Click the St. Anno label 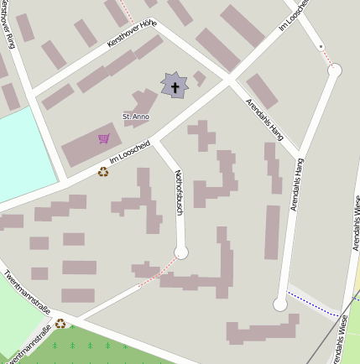coord(135,117)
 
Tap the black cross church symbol coord(175,86)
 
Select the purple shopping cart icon coord(104,138)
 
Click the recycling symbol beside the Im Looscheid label coord(103,172)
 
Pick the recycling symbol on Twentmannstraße coord(60,324)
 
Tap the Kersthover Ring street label coord(11,25)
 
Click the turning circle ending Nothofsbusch coord(181,252)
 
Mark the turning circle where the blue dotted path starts coord(280,304)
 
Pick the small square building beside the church coord(199,78)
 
